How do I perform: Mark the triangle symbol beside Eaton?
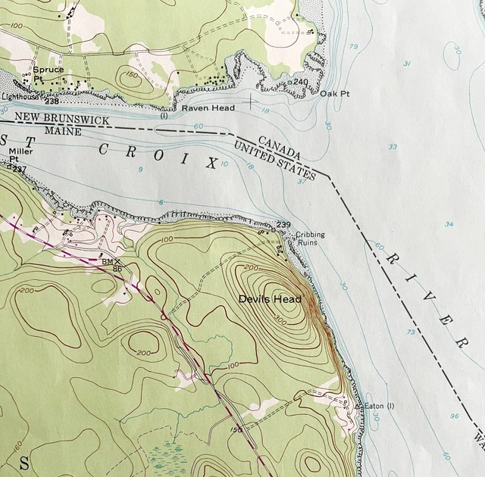[358, 407]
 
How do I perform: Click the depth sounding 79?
[353, 47]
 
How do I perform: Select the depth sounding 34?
[449, 224]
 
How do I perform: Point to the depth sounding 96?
[454, 416]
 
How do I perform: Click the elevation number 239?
[283, 225]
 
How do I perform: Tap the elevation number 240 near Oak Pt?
[300, 82]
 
